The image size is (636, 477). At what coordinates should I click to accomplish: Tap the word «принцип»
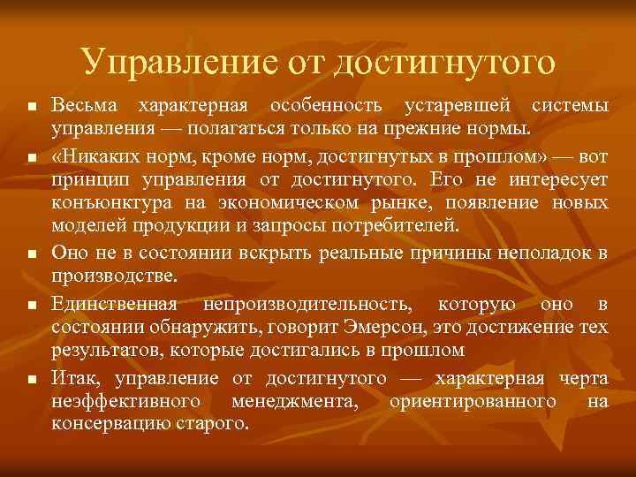(86, 180)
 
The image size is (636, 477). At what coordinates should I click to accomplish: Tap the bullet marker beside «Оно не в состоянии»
(31, 254)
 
